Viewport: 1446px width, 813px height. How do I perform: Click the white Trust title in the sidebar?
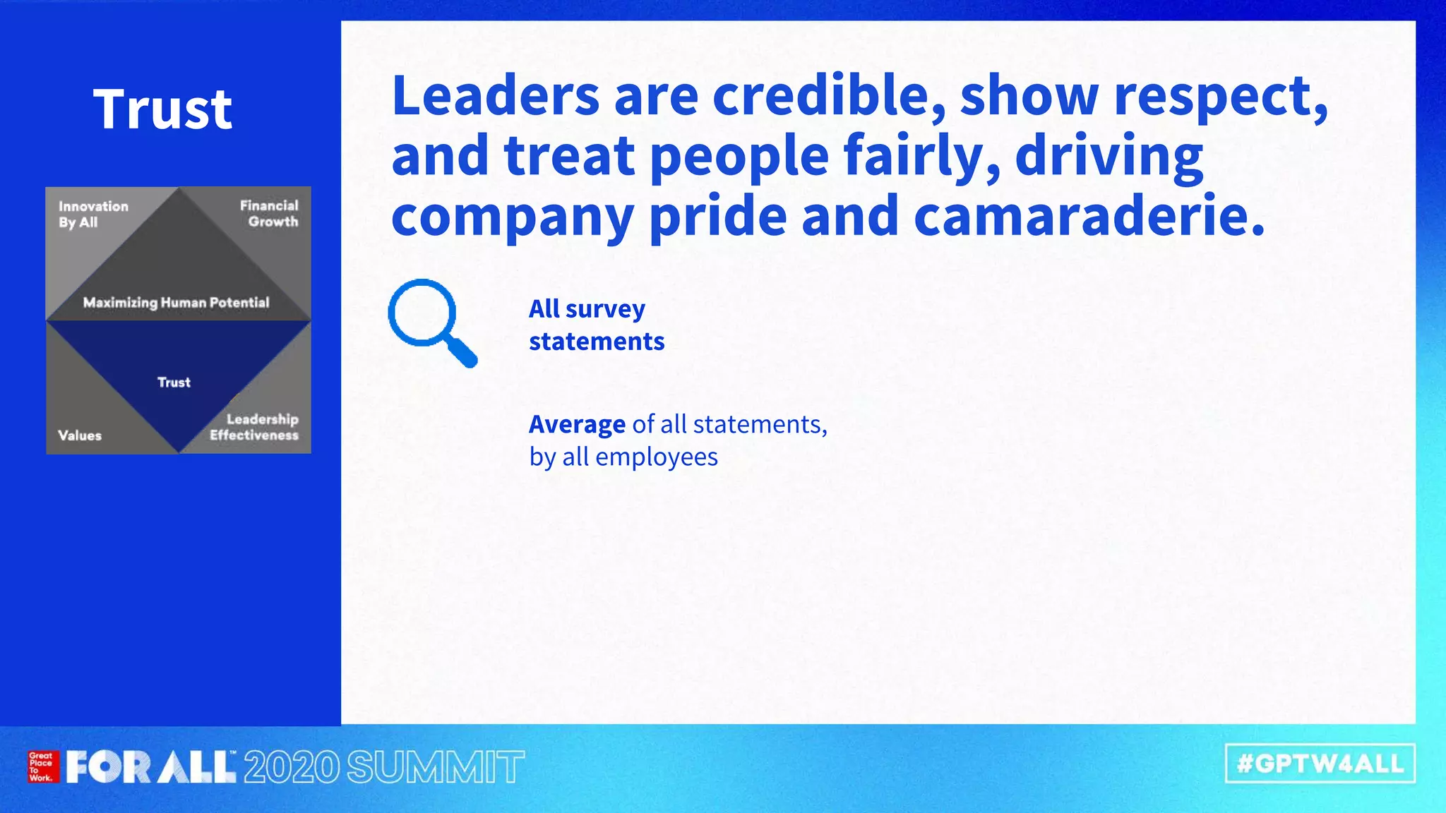pos(162,109)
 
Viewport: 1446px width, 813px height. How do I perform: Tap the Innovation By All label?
pos(93,214)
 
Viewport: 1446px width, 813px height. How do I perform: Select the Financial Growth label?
pos(269,213)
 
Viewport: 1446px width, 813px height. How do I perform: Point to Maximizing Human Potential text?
pos(176,303)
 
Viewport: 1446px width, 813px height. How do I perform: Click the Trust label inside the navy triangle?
pos(174,383)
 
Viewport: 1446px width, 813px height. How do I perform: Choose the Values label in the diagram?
pos(80,435)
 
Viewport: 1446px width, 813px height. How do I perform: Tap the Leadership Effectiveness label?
pos(254,427)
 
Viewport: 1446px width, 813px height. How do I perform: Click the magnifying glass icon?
pos(432,323)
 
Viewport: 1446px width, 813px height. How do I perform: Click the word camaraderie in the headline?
pos(1087,215)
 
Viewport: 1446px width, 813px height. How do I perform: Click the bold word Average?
pos(577,424)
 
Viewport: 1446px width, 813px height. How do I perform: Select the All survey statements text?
pos(597,325)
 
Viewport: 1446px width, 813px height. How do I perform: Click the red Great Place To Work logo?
pos(42,766)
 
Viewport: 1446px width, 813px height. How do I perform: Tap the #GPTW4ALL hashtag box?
pos(1320,764)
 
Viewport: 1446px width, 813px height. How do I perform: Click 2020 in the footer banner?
pos(292,767)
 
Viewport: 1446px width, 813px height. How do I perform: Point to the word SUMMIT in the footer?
pos(436,767)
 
